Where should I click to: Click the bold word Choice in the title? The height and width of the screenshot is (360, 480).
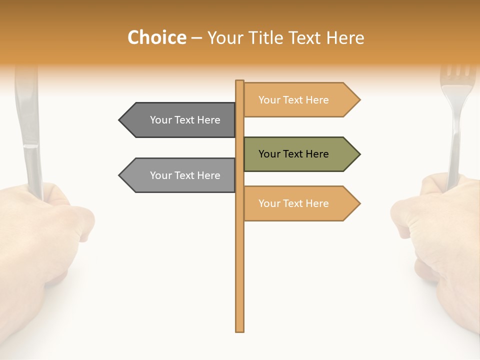[156, 38]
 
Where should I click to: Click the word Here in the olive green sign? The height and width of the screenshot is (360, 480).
[317, 154]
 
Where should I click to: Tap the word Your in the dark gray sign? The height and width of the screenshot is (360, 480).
[161, 120]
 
